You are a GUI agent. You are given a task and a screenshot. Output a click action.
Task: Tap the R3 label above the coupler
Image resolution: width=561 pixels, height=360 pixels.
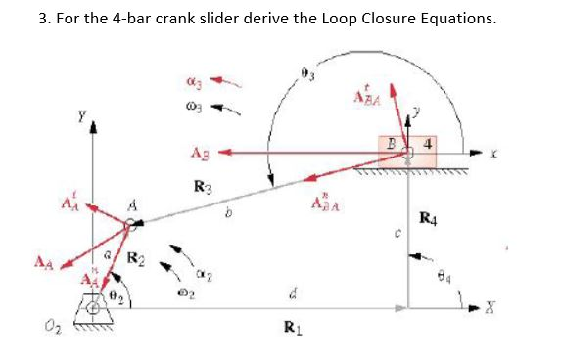point(204,185)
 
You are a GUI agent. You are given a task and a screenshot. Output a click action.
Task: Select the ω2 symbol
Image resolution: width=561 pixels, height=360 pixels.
point(175,292)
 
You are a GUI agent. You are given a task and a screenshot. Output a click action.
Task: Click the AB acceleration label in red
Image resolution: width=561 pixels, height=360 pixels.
point(197,152)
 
